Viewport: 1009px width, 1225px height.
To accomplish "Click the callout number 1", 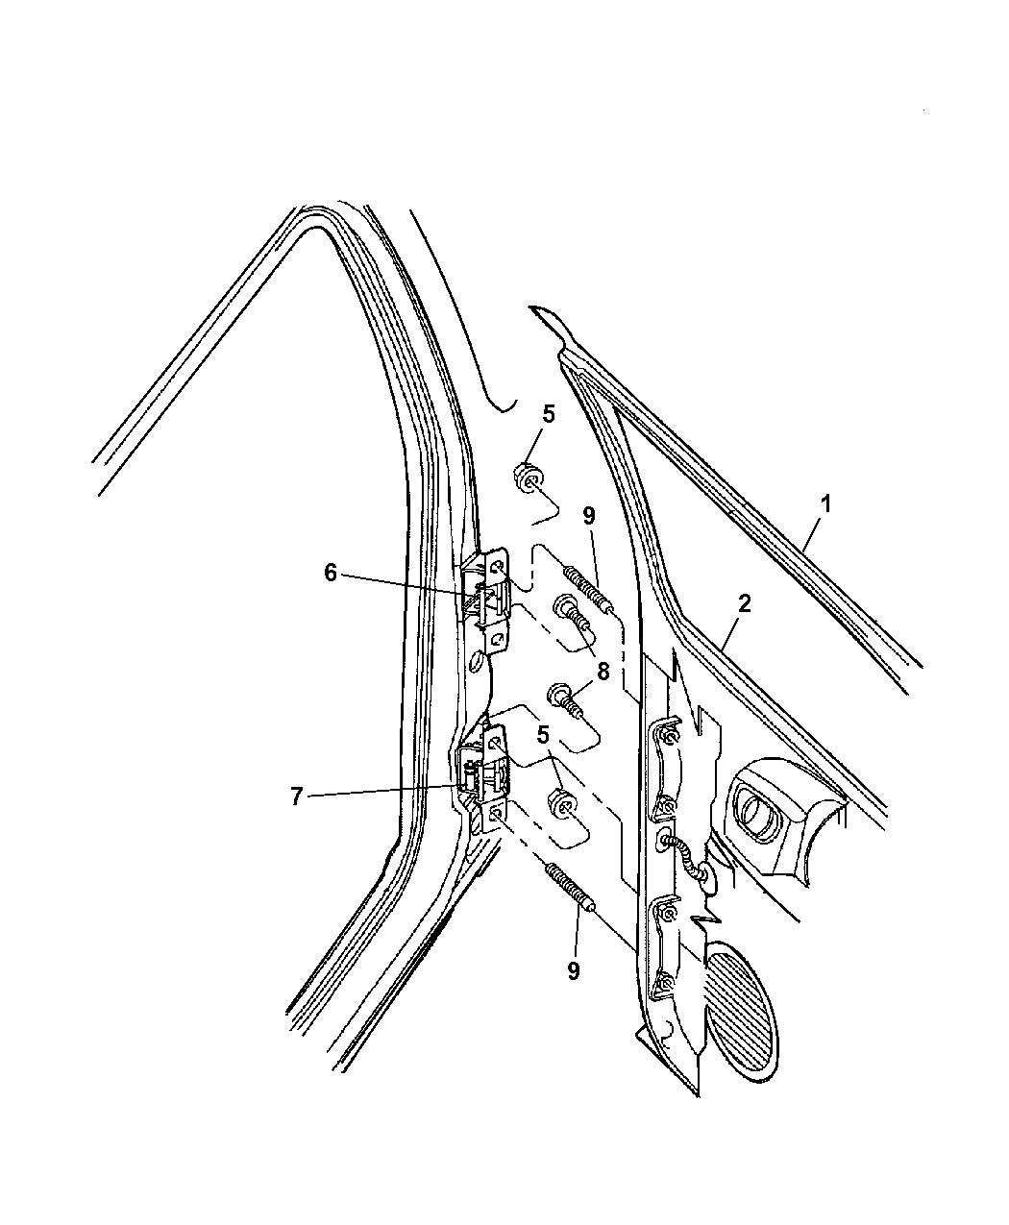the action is (x=825, y=504).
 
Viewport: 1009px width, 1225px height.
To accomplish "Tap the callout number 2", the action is (x=745, y=603).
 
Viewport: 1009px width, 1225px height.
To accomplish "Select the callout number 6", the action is (x=331, y=573).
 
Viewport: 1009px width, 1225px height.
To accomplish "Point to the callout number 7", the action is (x=296, y=796).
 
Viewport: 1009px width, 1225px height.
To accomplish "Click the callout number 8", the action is (x=603, y=672).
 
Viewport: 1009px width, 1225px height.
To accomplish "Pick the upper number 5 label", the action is (x=549, y=414).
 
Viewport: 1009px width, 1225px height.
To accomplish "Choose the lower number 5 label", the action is (x=543, y=734).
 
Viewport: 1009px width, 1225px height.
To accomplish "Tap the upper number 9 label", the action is (x=589, y=516).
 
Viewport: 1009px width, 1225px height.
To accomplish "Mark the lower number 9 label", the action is (x=574, y=971).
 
